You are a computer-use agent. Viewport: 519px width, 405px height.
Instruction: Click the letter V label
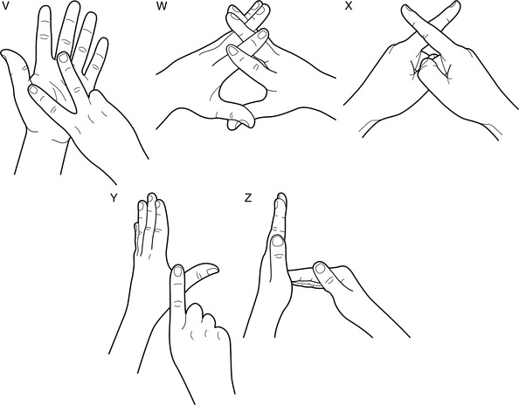tap(4, 6)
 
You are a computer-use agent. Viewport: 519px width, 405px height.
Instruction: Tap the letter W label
tap(161, 7)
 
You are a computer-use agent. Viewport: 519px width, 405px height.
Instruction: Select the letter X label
tap(349, 6)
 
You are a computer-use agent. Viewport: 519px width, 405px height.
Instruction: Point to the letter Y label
tap(114, 198)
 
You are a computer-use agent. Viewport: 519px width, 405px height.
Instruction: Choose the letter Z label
tap(247, 198)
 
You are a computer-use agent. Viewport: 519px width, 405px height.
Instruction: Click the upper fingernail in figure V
tap(63, 58)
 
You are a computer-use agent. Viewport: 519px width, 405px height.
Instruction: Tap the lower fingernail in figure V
tap(33, 89)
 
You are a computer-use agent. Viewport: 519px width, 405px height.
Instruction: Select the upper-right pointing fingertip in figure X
tap(454, 7)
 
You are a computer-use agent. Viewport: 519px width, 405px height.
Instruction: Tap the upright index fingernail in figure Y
tap(177, 271)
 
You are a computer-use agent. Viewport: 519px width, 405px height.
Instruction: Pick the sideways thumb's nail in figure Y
tap(212, 271)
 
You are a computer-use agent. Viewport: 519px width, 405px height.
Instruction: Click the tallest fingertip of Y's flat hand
tap(152, 196)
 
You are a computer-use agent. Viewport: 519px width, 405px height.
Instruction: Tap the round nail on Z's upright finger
tap(277, 241)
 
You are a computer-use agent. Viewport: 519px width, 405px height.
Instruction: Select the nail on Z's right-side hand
tap(320, 268)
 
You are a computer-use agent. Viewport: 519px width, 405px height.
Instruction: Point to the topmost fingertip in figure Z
tap(281, 196)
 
